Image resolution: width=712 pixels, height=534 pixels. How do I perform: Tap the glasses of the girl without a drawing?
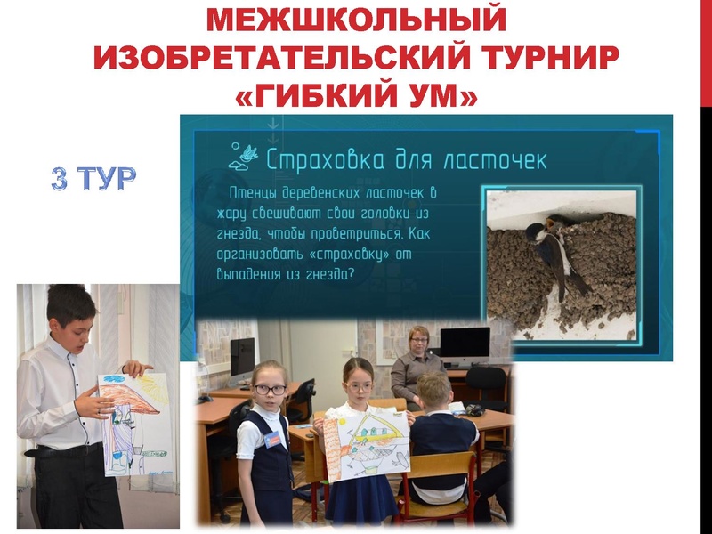(x=271, y=389)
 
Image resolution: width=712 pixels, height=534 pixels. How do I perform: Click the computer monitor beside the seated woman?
(x=465, y=343)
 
